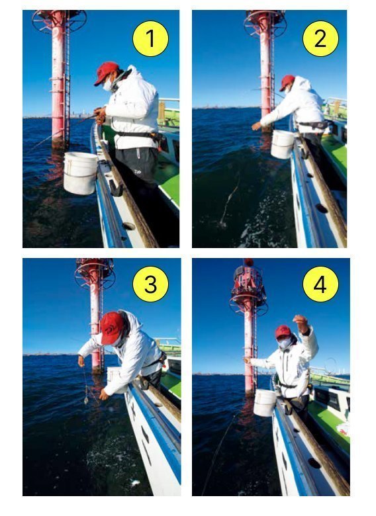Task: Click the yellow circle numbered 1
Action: coord(150,38)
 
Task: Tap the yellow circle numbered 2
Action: coord(320,38)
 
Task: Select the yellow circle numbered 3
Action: coord(150,284)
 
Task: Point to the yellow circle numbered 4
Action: coord(320,284)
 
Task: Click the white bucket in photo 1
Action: coord(80,173)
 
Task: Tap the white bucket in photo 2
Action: coord(282,144)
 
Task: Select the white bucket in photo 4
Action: coord(264,402)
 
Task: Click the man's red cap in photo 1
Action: coord(106,72)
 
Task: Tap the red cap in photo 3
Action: coord(112,327)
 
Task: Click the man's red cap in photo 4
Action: coord(283,331)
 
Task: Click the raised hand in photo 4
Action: coord(300,320)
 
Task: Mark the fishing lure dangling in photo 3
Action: coord(86,400)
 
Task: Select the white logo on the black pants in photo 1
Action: coord(138,171)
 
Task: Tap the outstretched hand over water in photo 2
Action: coord(256,126)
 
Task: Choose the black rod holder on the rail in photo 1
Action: coord(116,190)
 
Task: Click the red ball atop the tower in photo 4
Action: coord(249,262)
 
